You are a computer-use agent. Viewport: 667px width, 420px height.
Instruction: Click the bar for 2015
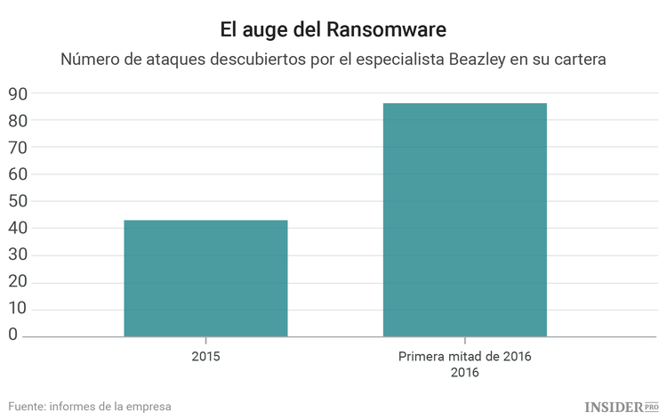click(205, 279)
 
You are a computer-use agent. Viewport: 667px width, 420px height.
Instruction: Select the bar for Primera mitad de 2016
click(464, 220)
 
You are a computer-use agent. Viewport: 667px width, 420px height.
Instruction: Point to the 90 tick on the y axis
click(18, 93)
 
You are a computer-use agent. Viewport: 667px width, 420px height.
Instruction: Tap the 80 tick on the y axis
click(18, 120)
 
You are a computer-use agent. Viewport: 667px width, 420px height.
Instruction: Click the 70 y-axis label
click(18, 147)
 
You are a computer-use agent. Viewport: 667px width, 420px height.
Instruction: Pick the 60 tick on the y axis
click(18, 174)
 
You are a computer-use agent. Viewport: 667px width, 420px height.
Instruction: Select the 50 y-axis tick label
click(18, 201)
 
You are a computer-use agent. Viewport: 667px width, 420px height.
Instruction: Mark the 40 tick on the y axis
click(18, 228)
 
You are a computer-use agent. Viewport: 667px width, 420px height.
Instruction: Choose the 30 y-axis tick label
click(18, 255)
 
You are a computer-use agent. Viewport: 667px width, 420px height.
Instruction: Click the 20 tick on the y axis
click(18, 282)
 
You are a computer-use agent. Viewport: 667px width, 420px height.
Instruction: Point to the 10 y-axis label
click(18, 309)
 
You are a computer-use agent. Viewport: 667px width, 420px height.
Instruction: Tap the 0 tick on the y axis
click(13, 335)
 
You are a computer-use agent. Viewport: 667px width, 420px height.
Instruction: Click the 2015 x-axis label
click(205, 357)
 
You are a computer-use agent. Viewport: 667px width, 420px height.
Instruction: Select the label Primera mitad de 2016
click(464, 357)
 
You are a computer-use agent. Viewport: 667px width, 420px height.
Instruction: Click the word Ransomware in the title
click(391, 29)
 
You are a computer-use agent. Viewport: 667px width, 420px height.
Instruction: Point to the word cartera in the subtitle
click(579, 61)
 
